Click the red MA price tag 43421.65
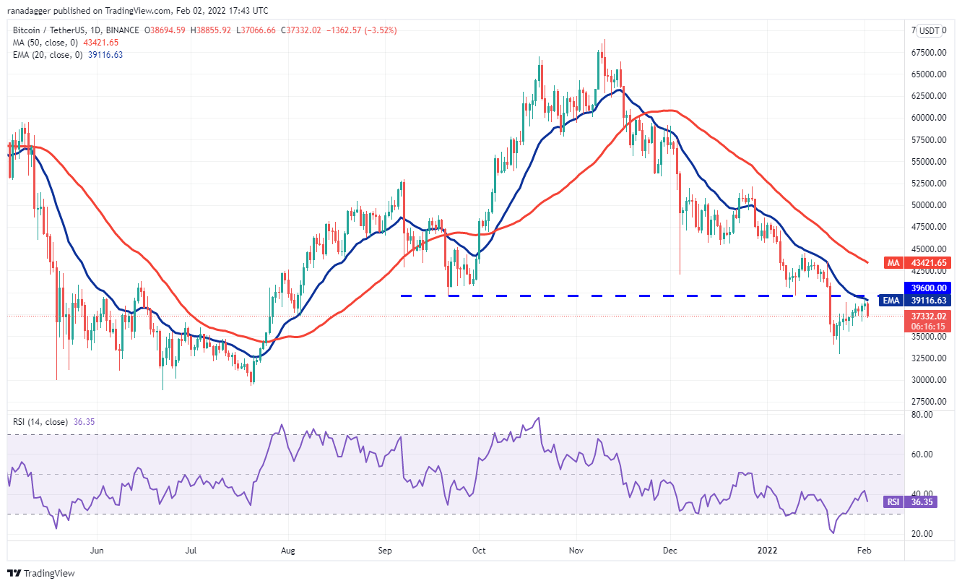pyautogui.click(x=920, y=263)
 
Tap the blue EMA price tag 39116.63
pyautogui.click(x=920, y=300)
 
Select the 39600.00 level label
pyautogui.click(x=920, y=288)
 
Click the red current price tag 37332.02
pyautogui.click(x=920, y=316)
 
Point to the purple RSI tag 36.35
pyautogui.click(x=920, y=501)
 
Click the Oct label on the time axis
pyautogui.click(x=479, y=550)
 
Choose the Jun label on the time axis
pyautogui.click(x=97, y=550)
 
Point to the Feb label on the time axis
pyautogui.click(x=864, y=550)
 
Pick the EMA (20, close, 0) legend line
pyautogui.click(x=45, y=55)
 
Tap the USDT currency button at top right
pyautogui.click(x=929, y=31)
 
